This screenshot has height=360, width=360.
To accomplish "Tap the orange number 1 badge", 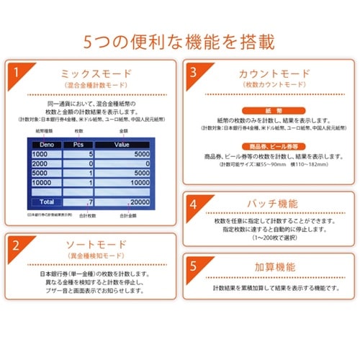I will pyautogui.click(x=15, y=72).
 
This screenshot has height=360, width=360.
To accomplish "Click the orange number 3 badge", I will pyautogui.click(x=194, y=72).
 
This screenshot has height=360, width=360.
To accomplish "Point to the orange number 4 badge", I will pyautogui.click(x=194, y=204).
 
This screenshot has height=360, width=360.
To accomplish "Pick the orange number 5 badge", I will pyautogui.click(x=194, y=264).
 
